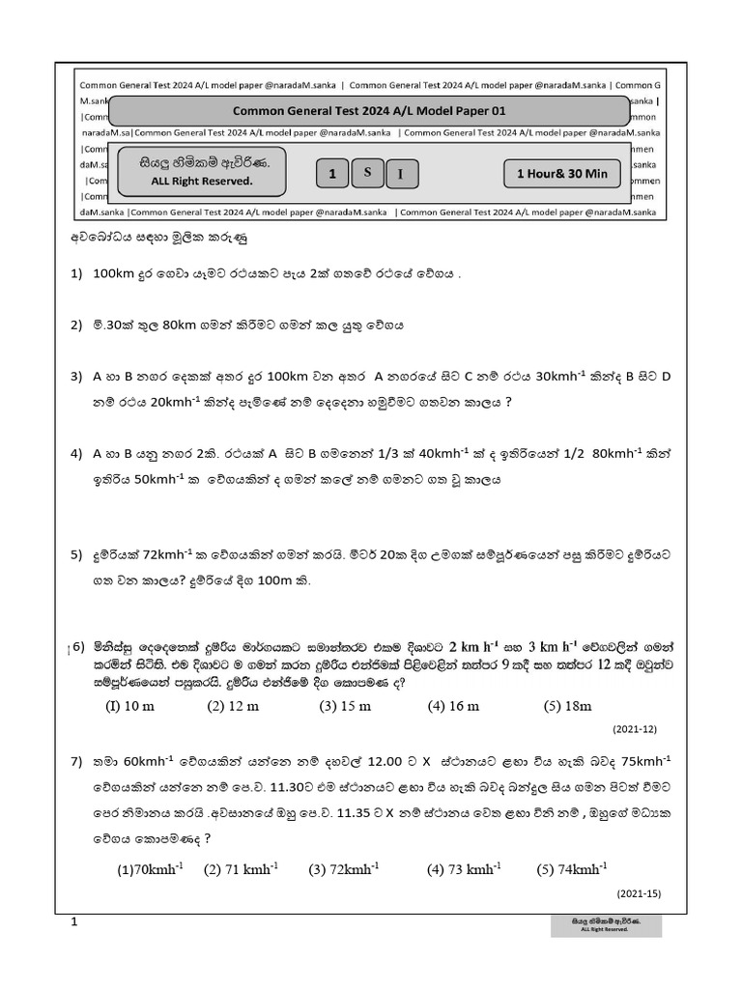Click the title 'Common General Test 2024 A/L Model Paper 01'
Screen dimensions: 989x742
pyautogui.click(x=369, y=111)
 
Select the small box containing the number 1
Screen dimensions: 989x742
pyautogui.click(x=332, y=174)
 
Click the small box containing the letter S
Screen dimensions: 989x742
pyautogui.click(x=367, y=172)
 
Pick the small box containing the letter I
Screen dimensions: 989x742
pyautogui.click(x=402, y=175)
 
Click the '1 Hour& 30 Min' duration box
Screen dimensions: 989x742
pyautogui.click(x=562, y=174)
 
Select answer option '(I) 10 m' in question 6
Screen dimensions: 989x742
pyautogui.click(x=129, y=706)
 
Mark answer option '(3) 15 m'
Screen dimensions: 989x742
pyautogui.click(x=345, y=706)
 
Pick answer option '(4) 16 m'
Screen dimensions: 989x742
pyautogui.click(x=453, y=706)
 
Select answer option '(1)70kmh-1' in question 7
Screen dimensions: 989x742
pyautogui.click(x=150, y=869)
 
